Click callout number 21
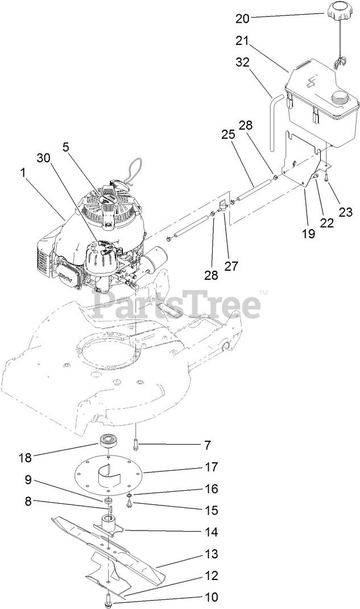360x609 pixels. click(243, 40)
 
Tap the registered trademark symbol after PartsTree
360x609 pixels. click(263, 293)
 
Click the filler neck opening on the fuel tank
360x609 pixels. click(341, 98)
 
